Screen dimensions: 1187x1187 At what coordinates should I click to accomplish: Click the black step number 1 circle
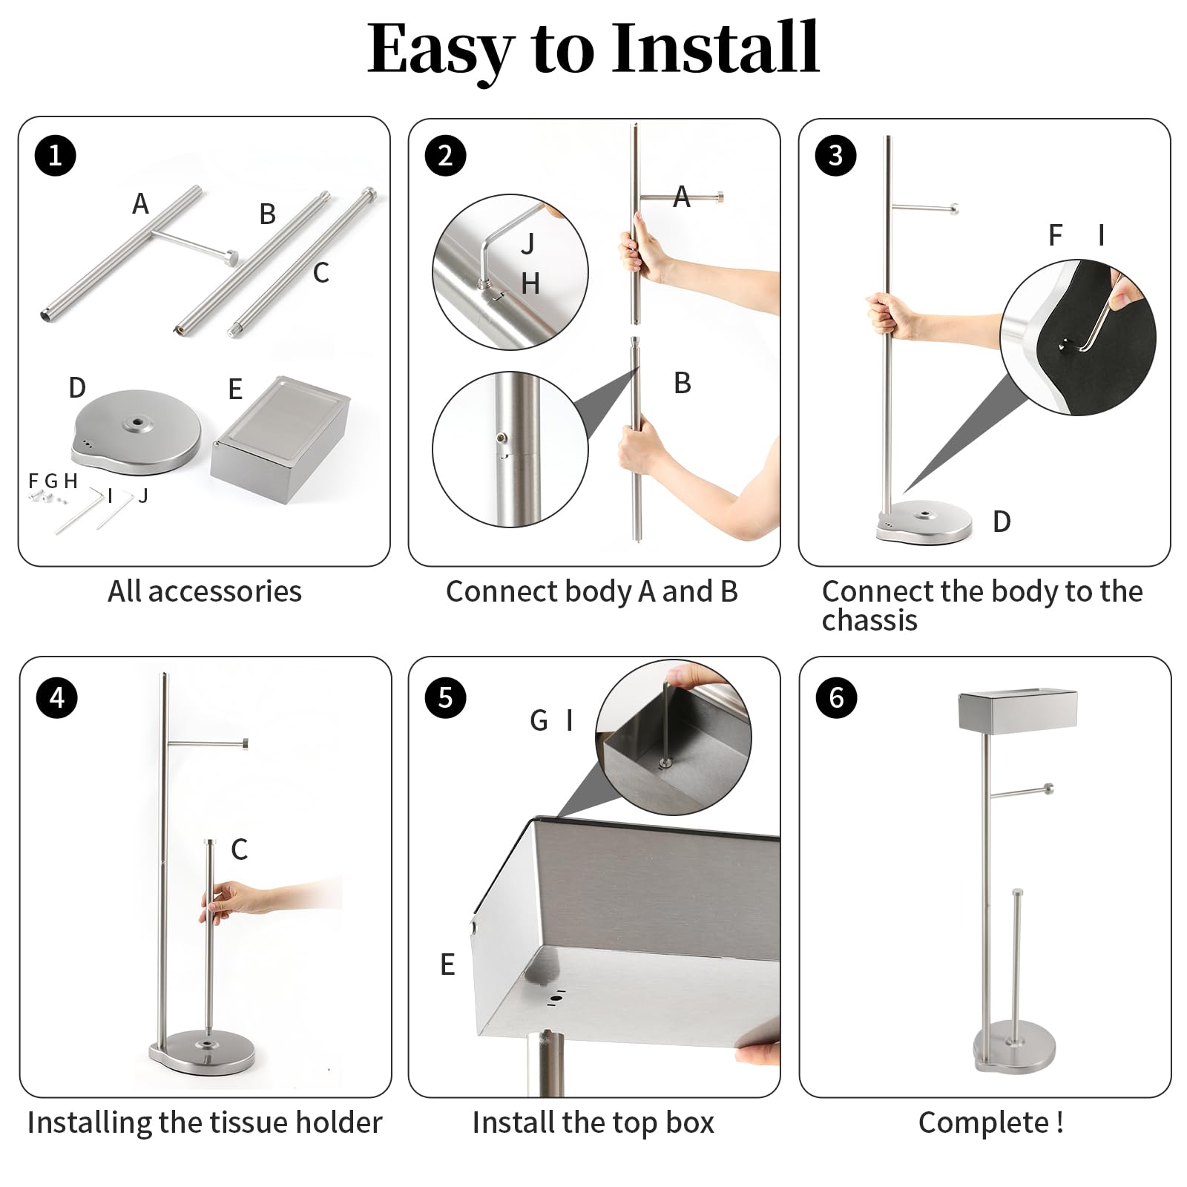[56, 156]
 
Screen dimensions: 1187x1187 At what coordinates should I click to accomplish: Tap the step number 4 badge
[57, 697]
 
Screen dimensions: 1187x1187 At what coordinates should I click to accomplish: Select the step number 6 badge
[836, 697]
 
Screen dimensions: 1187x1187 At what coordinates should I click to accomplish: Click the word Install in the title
[715, 48]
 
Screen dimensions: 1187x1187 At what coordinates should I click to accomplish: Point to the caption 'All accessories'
[205, 591]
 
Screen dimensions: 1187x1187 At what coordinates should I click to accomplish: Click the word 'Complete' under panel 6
[984, 1122]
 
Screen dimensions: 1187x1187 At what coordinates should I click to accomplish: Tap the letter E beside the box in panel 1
[235, 389]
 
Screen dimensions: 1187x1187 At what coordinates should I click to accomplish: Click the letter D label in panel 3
[1002, 522]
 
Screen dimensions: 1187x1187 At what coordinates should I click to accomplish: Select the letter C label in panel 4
[239, 849]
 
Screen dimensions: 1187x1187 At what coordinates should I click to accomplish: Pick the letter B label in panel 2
[683, 383]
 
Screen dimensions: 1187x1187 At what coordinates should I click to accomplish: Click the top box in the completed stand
[1017, 709]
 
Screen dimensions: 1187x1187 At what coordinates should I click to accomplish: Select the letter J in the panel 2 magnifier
[528, 243]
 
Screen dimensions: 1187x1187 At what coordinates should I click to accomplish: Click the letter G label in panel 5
[539, 720]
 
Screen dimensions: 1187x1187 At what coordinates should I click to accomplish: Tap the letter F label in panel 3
[1055, 235]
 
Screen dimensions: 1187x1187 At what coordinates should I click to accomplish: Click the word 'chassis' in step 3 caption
[869, 620]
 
